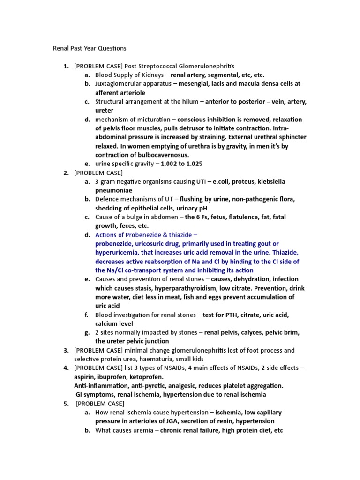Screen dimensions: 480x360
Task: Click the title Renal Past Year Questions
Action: pos(89,48)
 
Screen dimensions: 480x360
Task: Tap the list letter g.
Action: pos(87,333)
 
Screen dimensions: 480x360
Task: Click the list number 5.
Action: pos(66,404)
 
